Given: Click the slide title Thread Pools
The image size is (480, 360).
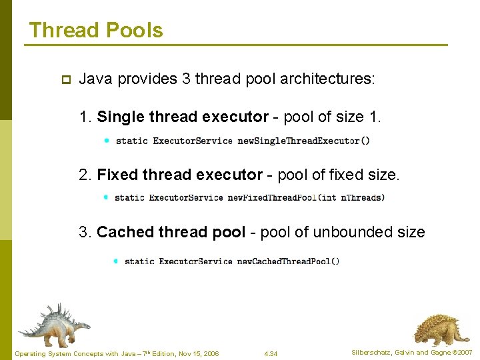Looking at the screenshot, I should point(96,31).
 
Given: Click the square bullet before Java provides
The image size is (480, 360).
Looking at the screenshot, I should point(65,79).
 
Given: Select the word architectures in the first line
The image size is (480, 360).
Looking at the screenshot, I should point(327,79).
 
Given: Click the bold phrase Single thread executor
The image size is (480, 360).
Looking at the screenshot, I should point(182,117).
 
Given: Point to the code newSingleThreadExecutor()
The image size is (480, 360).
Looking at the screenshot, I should point(303,141).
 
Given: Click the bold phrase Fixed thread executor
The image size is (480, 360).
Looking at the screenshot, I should point(179,175).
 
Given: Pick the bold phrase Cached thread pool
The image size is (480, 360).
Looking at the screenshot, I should point(171,232).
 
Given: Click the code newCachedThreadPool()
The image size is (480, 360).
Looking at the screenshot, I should point(288,261).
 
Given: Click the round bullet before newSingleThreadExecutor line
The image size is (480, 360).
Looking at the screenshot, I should point(107,140).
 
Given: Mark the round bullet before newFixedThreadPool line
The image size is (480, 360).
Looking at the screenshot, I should point(106,197).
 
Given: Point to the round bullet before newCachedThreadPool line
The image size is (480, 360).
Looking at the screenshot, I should point(115,261).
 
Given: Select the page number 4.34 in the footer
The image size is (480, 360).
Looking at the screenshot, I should point(271,353).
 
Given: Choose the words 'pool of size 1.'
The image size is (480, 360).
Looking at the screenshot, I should point(332,117).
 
